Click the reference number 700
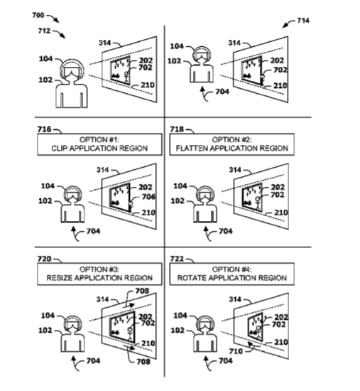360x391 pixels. pyautogui.click(x=38, y=16)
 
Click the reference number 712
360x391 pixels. pyautogui.click(x=44, y=31)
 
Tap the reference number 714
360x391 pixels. pyautogui.click(x=303, y=21)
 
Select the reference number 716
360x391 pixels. pyautogui.click(x=44, y=129)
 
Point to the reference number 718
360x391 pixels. pyautogui.click(x=177, y=129)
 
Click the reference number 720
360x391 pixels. pyautogui.click(x=44, y=259)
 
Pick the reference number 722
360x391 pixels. pyautogui.click(x=177, y=259)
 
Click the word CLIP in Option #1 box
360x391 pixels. pyautogui.click(x=60, y=149)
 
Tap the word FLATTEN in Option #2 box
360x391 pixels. pyautogui.click(x=192, y=149)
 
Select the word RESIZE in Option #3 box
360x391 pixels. pyautogui.click(x=60, y=278)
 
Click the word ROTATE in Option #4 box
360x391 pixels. pyautogui.click(x=191, y=278)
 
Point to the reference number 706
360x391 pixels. pyautogui.click(x=148, y=197)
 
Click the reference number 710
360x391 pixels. pyautogui.click(x=236, y=351)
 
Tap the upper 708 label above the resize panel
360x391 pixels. pyautogui.click(x=142, y=291)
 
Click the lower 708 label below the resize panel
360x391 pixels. pyautogui.click(x=143, y=361)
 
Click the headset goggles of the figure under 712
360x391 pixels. pyautogui.click(x=72, y=71)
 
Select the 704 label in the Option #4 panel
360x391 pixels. pyautogui.click(x=226, y=360)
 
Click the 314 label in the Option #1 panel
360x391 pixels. pyautogui.click(x=103, y=170)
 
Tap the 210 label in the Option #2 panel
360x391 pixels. pyautogui.click(x=281, y=213)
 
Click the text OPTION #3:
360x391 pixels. pyautogui.click(x=99, y=269)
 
